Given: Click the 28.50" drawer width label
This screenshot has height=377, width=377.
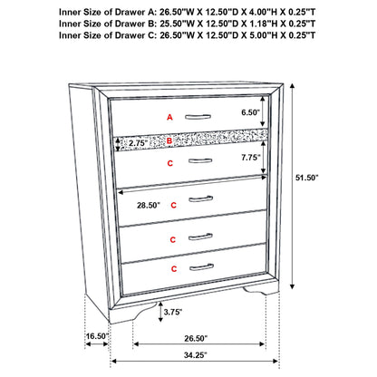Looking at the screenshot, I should pyautogui.click(x=150, y=207).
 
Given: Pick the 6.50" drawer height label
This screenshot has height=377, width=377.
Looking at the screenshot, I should pyautogui.click(x=250, y=113).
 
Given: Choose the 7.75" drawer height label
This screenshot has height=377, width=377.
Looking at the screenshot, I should pyautogui.click(x=250, y=158).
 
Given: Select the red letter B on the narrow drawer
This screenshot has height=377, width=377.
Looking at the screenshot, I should pyautogui.click(x=169, y=141).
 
